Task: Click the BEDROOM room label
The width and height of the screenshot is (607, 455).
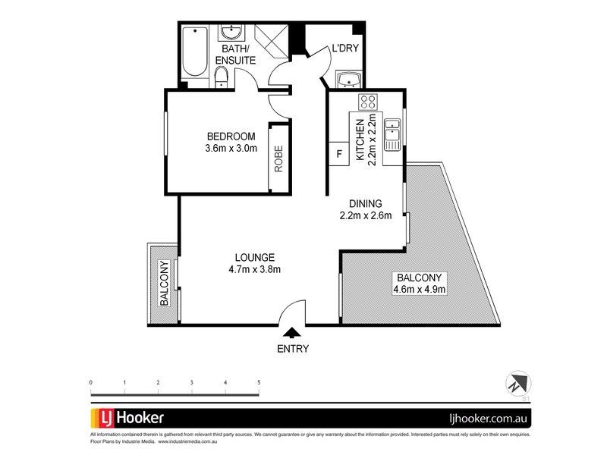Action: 231,136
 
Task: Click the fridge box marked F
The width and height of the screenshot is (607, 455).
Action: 339,155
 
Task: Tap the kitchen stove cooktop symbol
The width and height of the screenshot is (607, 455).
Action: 370,102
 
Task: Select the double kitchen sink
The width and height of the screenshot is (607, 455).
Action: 392,133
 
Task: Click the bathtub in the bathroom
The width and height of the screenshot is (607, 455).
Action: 196,52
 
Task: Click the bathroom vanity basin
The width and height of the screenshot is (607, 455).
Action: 231,33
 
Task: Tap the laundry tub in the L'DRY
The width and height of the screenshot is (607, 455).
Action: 349,80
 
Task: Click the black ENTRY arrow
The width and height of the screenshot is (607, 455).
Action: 291,331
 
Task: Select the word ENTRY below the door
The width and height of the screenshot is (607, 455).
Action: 292,349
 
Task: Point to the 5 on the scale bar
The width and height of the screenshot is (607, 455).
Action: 259,382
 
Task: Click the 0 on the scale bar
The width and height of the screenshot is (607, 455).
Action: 90,382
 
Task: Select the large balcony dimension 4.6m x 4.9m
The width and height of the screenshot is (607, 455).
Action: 418,289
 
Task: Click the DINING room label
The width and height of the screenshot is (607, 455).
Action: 365,203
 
